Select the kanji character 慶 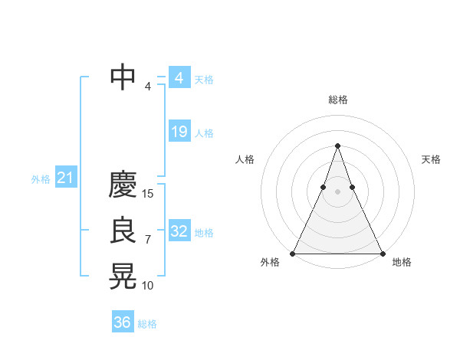[123, 185]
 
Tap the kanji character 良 [123, 231]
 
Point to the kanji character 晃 [123, 277]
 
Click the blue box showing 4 [179, 78]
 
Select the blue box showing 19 [179, 132]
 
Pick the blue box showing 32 [179, 231]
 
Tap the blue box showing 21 [65, 178]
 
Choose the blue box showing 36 [122, 322]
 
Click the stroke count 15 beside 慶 [148, 194]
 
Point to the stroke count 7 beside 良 [148, 240]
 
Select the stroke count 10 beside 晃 [148, 286]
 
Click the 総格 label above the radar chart [338, 100]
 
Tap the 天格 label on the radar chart [431, 159]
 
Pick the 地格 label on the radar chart [402, 262]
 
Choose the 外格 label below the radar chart [270, 262]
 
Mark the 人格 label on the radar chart [245, 159]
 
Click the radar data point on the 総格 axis [338, 146]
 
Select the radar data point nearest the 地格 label [382, 253]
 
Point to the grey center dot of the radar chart [338, 191]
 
